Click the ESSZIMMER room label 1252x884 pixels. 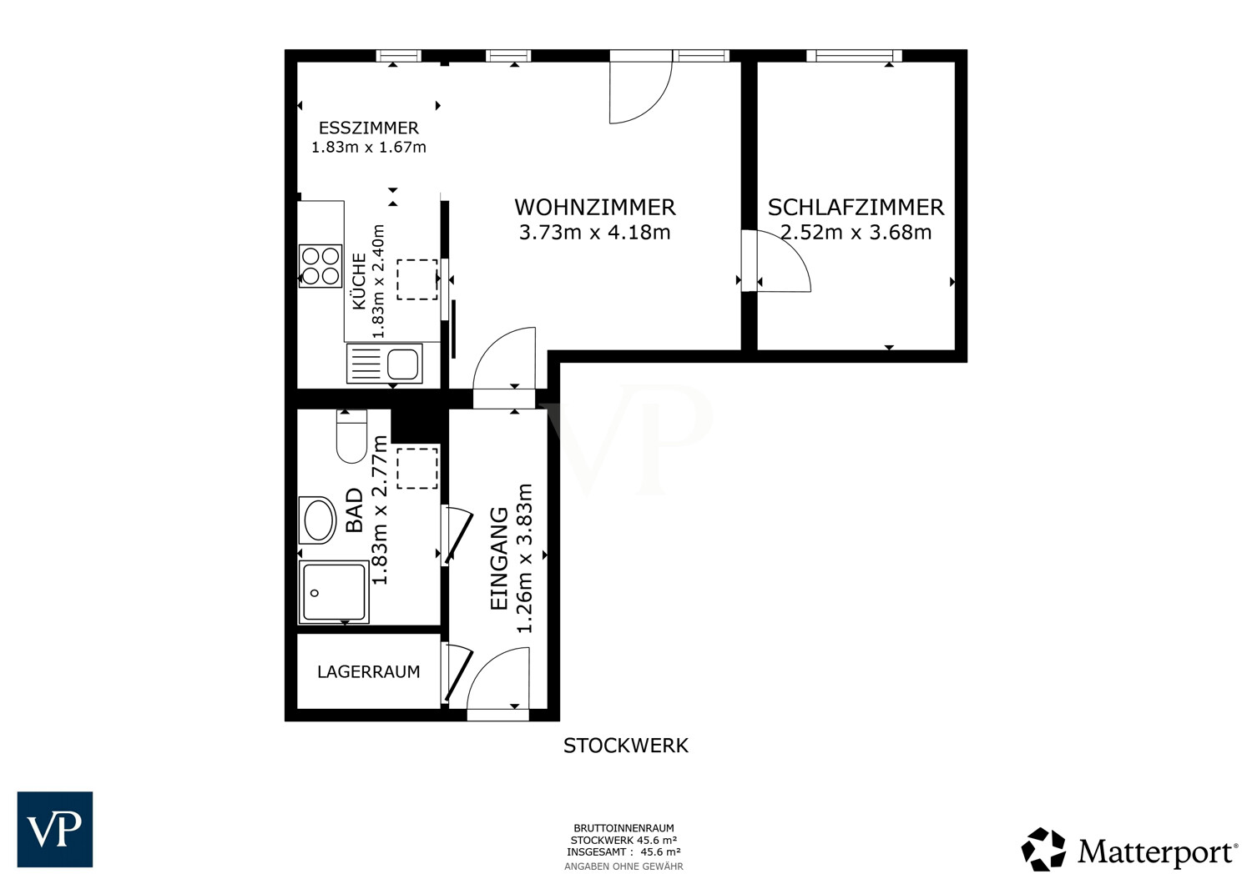pyautogui.click(x=368, y=128)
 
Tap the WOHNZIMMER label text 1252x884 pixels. pyautogui.click(x=594, y=207)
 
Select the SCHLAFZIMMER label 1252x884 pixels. pyautogui.click(x=856, y=207)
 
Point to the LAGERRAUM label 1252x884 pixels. pyautogui.click(x=368, y=671)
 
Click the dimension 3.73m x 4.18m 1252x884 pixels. pyautogui.click(x=594, y=232)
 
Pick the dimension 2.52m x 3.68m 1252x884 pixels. pyautogui.click(x=856, y=232)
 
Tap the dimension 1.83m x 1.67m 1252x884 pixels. pyautogui.click(x=368, y=147)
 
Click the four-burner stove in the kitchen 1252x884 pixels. pyautogui.click(x=321, y=266)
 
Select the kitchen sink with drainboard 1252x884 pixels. pyautogui.click(x=385, y=364)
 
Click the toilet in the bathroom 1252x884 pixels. pyautogui.click(x=351, y=436)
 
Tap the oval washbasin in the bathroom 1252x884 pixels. pyautogui.click(x=317, y=520)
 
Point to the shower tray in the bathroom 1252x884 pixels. pyautogui.click(x=334, y=592)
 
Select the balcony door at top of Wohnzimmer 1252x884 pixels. pyautogui.click(x=640, y=87)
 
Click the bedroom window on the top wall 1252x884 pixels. pyautogui.click(x=854, y=55)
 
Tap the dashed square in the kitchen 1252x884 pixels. pyautogui.click(x=417, y=279)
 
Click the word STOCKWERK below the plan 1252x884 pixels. pyautogui.click(x=625, y=746)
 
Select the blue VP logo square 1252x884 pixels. pyautogui.click(x=55, y=829)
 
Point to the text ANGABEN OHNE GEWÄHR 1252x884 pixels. pyautogui.click(x=623, y=866)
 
